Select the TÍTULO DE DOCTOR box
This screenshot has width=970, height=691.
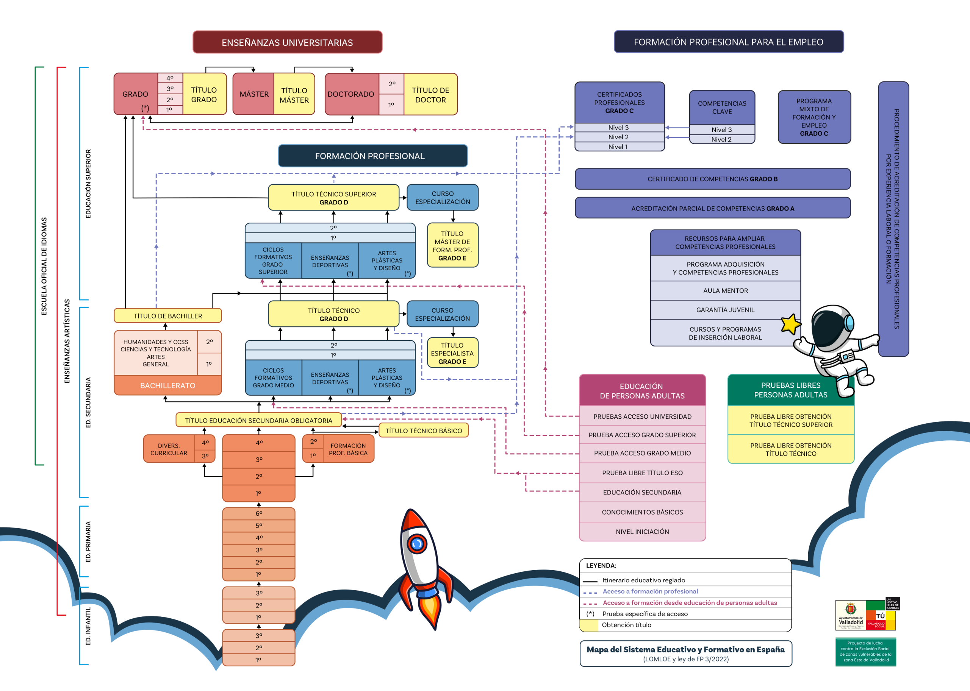tap(430, 94)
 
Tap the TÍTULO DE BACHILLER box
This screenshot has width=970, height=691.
tap(168, 316)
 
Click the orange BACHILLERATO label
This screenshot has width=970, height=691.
tap(168, 385)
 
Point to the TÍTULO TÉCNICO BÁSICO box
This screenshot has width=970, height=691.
tap(423, 431)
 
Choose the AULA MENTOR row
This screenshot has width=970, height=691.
tap(725, 291)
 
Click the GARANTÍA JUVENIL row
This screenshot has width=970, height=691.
tap(725, 310)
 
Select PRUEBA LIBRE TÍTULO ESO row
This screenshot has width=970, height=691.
tap(642, 473)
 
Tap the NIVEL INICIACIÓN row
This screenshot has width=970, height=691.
tap(642, 532)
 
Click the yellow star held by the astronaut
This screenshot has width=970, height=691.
tap(790, 324)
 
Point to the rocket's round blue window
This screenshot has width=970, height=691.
tap(417, 543)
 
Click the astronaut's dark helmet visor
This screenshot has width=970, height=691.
tap(828, 327)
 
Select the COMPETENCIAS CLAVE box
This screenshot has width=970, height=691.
tap(722, 107)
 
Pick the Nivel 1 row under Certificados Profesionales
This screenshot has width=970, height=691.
tap(618, 147)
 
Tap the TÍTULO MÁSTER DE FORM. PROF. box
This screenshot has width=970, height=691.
tap(452, 245)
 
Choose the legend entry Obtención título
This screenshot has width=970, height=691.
tap(626, 625)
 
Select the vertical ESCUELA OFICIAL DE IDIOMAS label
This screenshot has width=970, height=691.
tap(44, 266)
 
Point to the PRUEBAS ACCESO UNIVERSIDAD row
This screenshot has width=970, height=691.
tap(642, 416)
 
